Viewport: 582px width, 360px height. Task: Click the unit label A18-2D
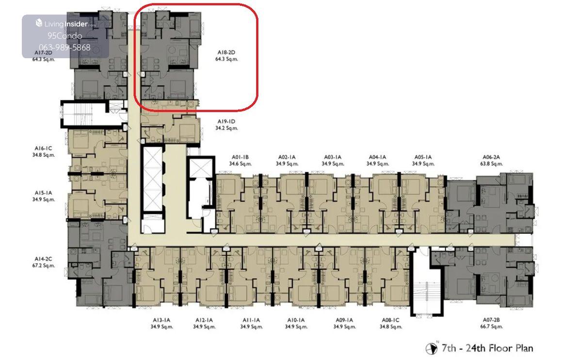(x=226, y=52)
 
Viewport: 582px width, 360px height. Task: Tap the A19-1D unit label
(x=226, y=121)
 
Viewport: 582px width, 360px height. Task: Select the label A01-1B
(x=241, y=157)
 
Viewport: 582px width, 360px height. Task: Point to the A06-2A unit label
(x=491, y=157)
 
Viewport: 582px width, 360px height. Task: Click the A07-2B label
(x=491, y=320)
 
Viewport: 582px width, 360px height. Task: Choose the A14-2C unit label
(x=43, y=259)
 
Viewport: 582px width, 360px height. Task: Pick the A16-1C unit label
(x=43, y=148)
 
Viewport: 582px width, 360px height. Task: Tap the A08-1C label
(x=390, y=320)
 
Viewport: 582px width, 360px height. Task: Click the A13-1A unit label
(x=162, y=320)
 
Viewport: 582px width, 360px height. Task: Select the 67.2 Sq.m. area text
(x=44, y=266)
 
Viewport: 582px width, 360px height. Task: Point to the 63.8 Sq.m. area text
(x=491, y=164)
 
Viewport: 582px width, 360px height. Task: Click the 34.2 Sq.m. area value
(x=226, y=128)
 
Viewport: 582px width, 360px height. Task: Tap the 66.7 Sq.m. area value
(x=491, y=327)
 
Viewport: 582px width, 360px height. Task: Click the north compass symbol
(x=432, y=348)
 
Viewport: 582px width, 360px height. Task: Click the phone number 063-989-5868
(x=65, y=48)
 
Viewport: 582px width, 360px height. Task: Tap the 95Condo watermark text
(x=65, y=36)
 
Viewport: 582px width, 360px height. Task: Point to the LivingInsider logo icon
(x=39, y=23)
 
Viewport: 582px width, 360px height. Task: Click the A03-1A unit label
(x=333, y=157)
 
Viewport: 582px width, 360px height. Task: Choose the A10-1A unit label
(x=296, y=320)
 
